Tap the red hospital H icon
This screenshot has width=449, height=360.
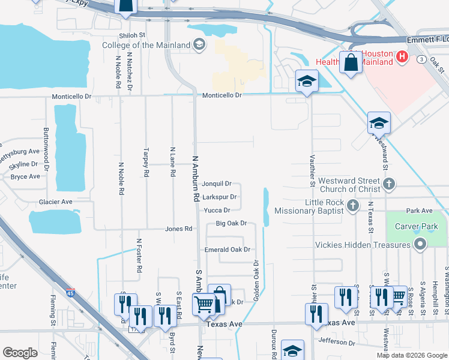coord(402,57)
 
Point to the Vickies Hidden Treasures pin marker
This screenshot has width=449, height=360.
coord(420,244)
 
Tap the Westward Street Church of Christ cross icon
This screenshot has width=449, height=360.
coord(389,184)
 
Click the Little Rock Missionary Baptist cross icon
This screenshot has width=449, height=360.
coord(352,206)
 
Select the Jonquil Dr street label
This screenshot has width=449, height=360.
coord(217,184)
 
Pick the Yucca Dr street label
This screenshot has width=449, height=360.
coord(217,210)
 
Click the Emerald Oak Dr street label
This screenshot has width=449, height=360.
coord(227,250)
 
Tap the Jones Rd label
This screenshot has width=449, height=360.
coord(179,229)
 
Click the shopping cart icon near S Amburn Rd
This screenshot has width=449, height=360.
coord(203,304)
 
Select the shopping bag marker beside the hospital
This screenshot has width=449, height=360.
coord(351,62)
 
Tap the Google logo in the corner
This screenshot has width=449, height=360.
coord(20,353)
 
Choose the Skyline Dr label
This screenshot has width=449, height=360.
coord(25,164)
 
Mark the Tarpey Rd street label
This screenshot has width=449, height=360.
coord(146,163)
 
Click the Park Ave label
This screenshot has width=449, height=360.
coord(419,211)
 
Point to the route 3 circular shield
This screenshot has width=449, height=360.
coord(422,59)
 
